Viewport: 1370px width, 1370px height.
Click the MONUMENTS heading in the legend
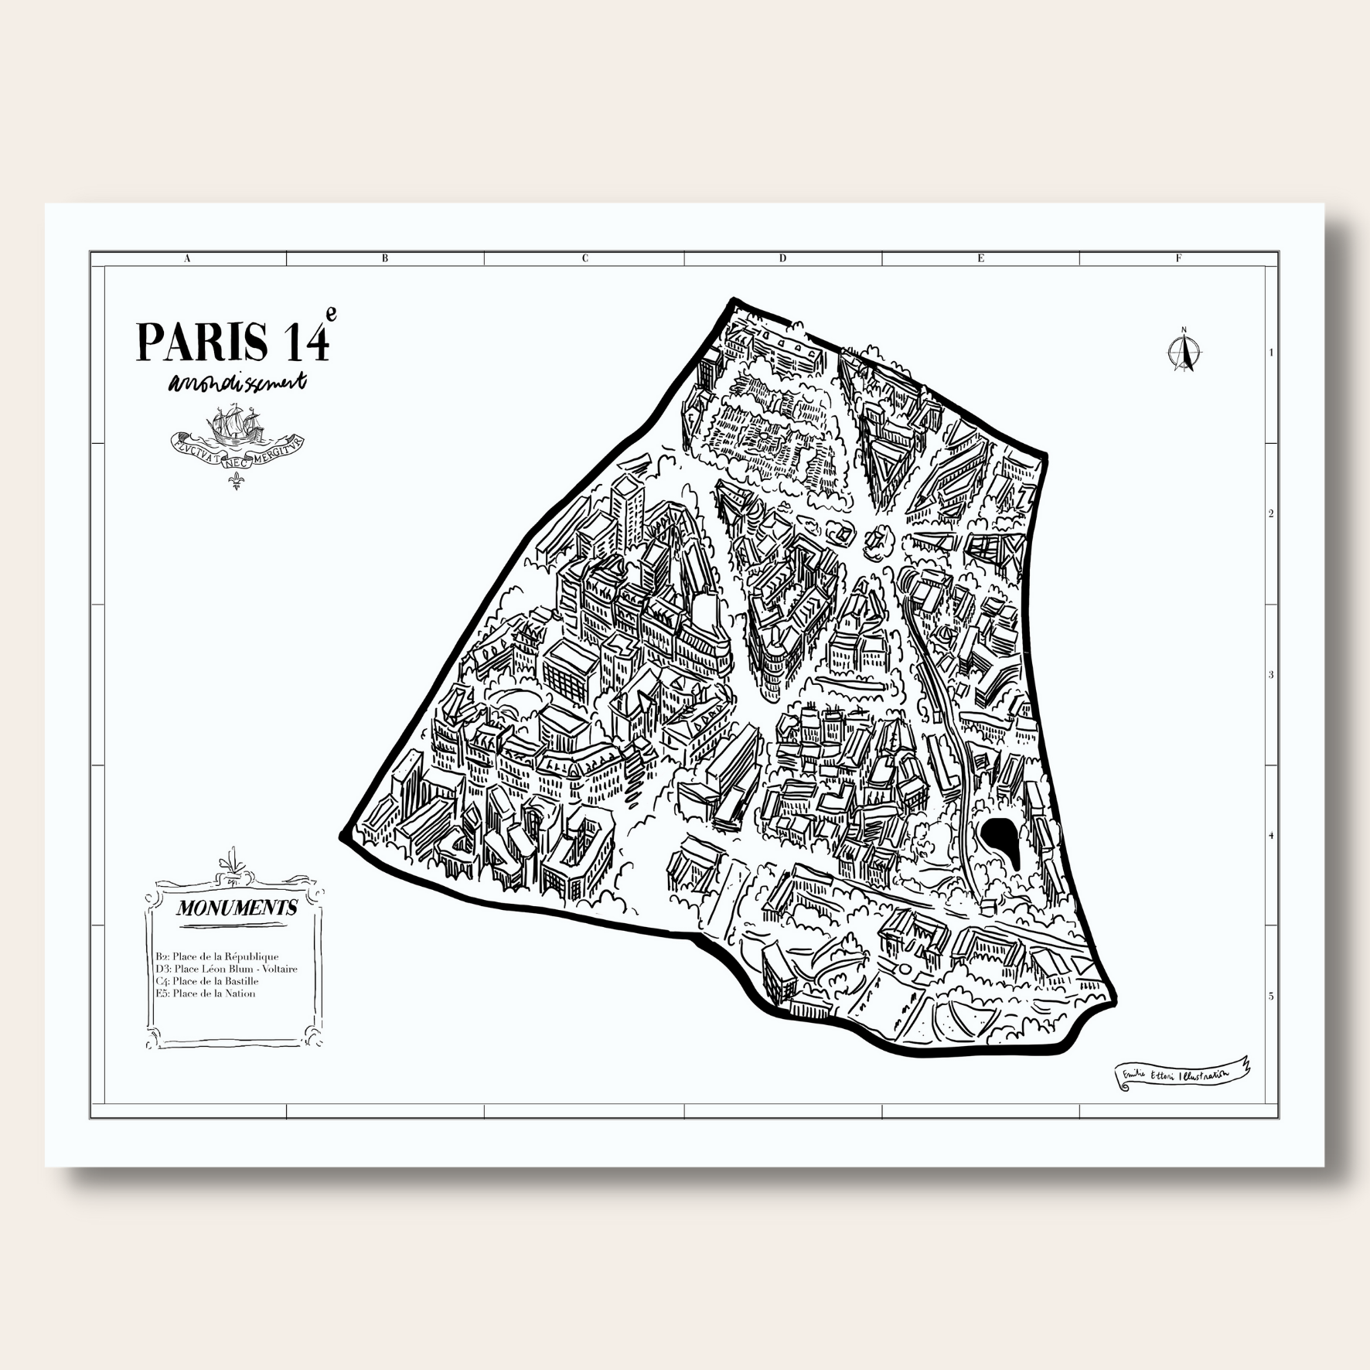pos(237,908)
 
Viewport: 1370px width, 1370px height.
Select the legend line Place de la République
pos(217,956)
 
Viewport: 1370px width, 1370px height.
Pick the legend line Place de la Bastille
pos(207,981)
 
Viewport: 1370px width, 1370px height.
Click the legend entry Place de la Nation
pos(205,993)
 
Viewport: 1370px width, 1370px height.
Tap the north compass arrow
pos(1183,351)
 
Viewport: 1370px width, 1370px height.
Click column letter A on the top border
pos(187,259)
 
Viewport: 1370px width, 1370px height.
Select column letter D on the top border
pos(782,259)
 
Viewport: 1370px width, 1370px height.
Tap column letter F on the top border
pos(1178,259)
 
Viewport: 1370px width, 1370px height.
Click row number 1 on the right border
pos(1271,353)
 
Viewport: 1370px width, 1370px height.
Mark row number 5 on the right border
pos(1271,996)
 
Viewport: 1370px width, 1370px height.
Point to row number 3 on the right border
pos(1271,675)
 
